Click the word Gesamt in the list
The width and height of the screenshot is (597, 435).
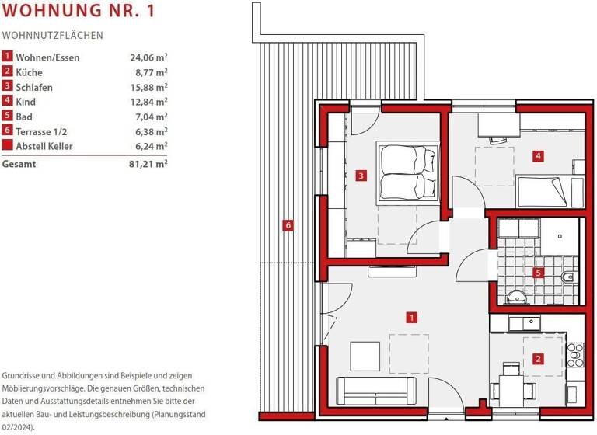[x=19, y=164]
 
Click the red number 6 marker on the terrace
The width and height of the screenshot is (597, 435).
[x=288, y=226]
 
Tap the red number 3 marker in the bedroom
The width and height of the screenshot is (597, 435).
[x=361, y=176]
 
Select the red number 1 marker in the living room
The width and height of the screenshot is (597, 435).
[x=411, y=317]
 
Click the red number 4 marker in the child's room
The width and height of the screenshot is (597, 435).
[x=538, y=156]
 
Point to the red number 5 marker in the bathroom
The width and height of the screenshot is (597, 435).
[x=538, y=273]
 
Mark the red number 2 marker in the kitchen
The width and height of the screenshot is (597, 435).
[x=538, y=359]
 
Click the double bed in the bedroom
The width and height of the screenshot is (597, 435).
[x=408, y=172]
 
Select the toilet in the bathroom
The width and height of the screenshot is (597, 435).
[x=568, y=277]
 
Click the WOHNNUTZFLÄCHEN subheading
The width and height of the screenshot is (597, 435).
[x=53, y=36]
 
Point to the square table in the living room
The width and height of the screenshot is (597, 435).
[x=365, y=356]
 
